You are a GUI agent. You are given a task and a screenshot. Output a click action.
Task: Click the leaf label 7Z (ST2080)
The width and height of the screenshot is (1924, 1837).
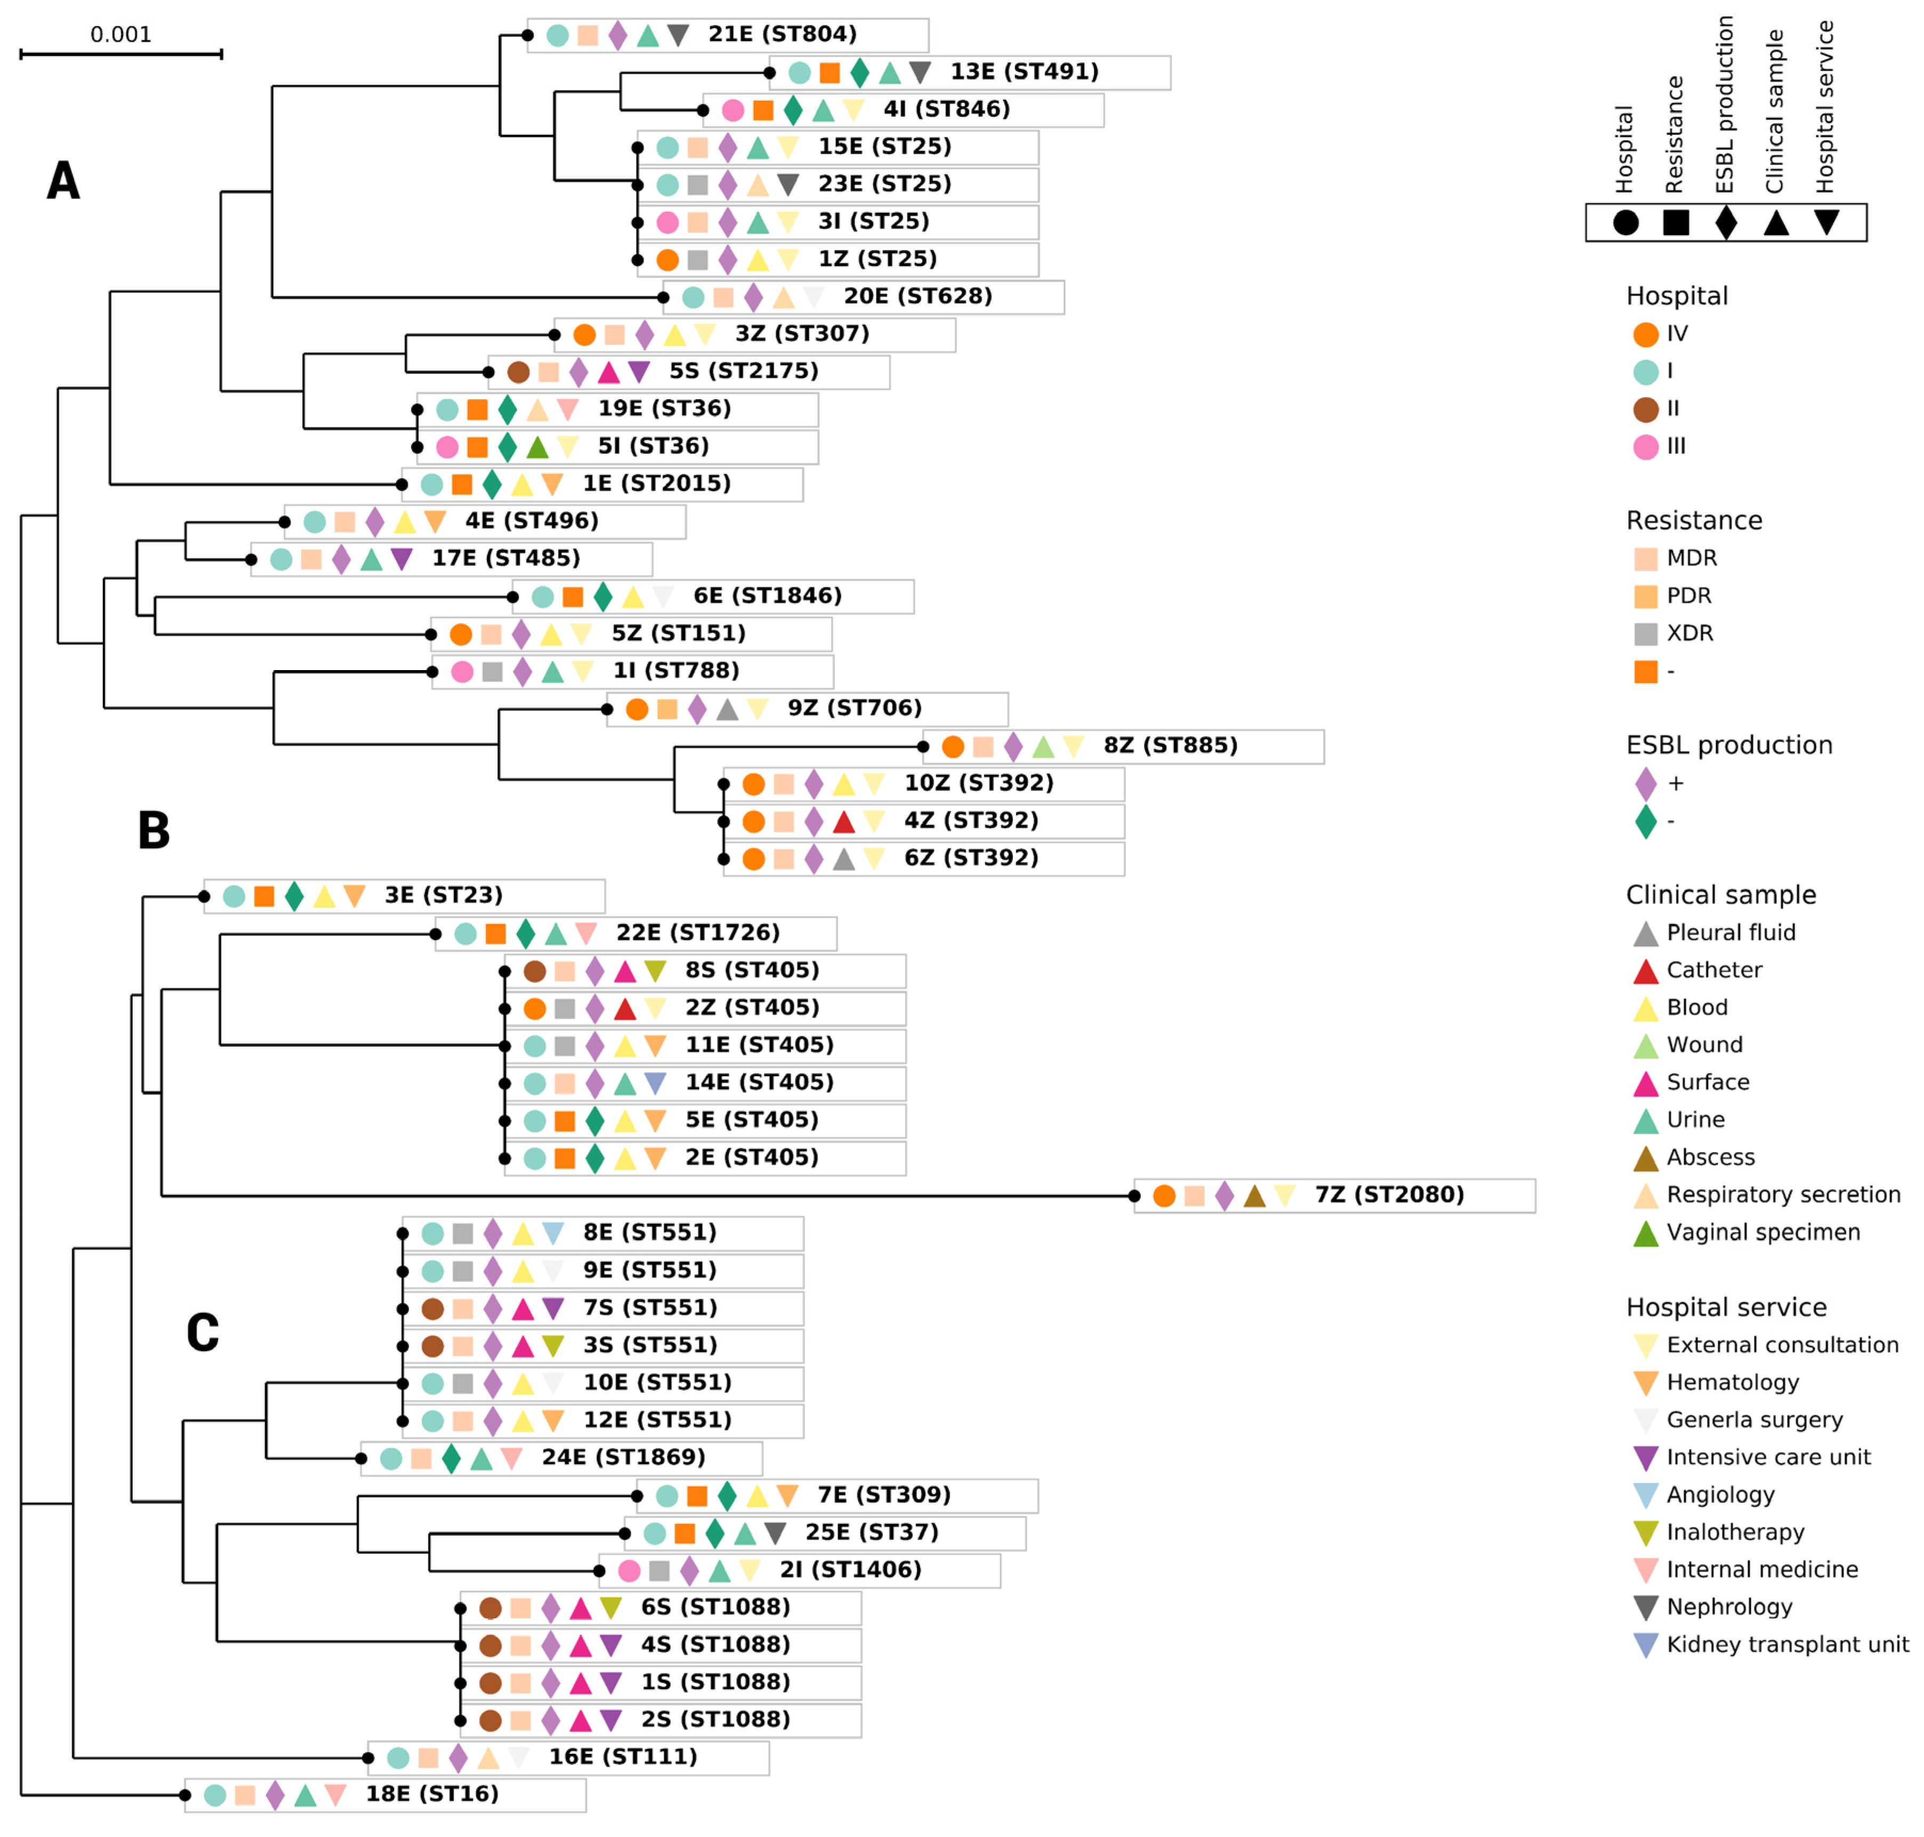pyautogui.click(x=1388, y=1195)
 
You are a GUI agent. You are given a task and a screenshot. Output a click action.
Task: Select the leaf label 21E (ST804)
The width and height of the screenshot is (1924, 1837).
pyautogui.click(x=782, y=34)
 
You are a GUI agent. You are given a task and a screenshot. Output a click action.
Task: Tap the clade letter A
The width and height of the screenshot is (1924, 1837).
pyautogui.click(x=63, y=181)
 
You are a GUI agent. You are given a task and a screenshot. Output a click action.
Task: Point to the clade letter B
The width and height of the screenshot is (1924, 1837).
pyautogui.click(x=154, y=831)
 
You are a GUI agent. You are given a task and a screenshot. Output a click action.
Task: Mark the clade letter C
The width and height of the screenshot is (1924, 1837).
pyautogui.click(x=203, y=1333)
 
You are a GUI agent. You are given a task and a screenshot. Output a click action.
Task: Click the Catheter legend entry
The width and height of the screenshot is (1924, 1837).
pyautogui.click(x=1713, y=970)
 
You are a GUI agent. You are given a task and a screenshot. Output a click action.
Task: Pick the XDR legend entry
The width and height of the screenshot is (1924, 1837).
pyautogui.click(x=1689, y=633)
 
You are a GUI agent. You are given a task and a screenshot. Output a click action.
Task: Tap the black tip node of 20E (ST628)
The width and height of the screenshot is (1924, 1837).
pyautogui.click(x=664, y=297)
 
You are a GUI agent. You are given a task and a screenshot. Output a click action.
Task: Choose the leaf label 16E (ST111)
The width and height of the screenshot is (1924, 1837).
pyautogui.click(x=623, y=1757)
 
